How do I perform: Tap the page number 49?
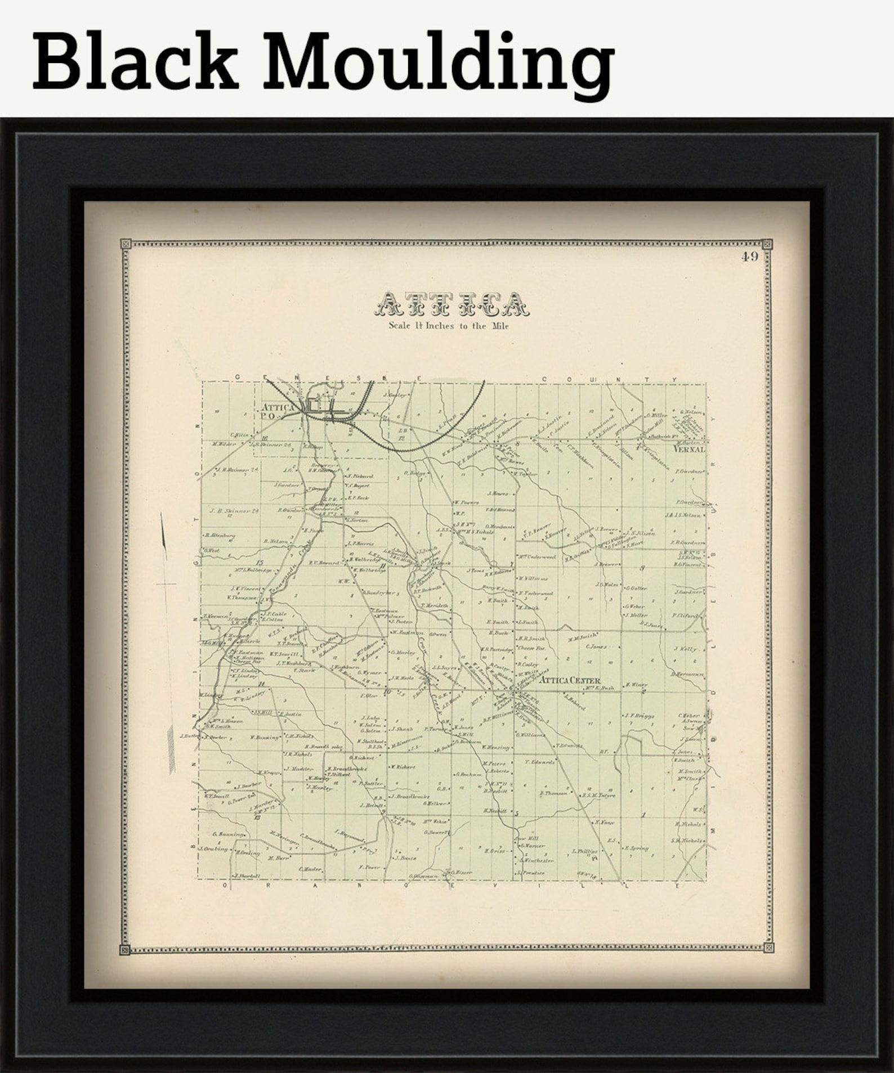tap(750, 257)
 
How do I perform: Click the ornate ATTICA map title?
tap(453, 304)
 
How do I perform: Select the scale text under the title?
tap(448, 326)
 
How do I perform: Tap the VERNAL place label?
tap(689, 450)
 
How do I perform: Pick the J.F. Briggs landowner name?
tap(638, 716)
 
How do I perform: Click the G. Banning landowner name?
tap(228, 834)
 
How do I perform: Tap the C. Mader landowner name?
tap(310, 869)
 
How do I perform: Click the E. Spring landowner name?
tap(636, 848)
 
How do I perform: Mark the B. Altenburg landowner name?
tap(220, 536)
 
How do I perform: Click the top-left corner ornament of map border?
tap(126, 244)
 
